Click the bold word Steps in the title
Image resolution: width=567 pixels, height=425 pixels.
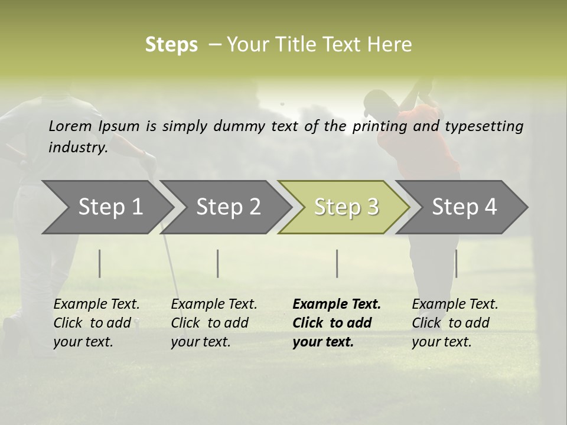point(171,45)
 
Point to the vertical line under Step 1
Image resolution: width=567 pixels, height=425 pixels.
point(100,263)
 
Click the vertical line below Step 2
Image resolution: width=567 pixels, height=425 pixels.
point(218,263)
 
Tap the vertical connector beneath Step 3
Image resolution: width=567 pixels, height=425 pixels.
point(337,263)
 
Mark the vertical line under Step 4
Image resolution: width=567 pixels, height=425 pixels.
point(456,263)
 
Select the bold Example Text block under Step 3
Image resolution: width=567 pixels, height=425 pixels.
point(336,323)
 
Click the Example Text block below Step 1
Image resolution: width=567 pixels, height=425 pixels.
point(96,323)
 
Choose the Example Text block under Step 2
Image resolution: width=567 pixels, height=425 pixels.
point(214,323)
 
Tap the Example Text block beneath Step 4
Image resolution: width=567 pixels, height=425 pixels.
point(455,323)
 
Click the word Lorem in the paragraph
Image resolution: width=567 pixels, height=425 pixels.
point(70,126)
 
